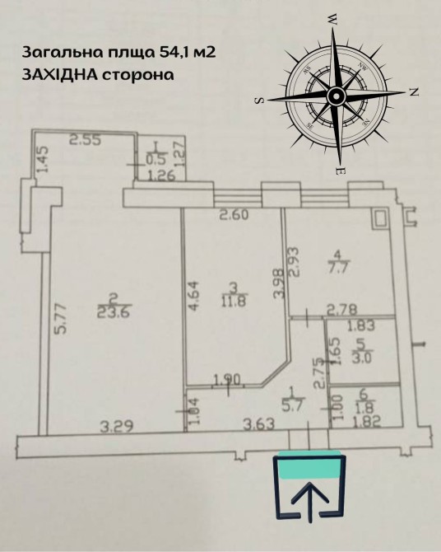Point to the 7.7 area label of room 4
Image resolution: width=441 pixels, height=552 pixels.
click(337, 268)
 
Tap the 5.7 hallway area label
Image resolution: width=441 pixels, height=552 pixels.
click(291, 406)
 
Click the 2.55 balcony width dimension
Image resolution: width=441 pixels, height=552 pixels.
click(86, 140)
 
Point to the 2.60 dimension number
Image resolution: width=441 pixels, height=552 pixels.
click(234, 215)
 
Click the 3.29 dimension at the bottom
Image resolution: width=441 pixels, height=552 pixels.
click(117, 427)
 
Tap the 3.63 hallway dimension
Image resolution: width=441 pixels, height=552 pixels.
click(259, 424)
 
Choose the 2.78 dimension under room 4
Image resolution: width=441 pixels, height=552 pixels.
click(341, 310)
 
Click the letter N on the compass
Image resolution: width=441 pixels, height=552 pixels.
click(414, 92)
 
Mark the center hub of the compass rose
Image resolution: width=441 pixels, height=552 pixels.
click(336, 96)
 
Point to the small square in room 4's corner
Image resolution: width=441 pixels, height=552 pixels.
click(380, 218)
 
